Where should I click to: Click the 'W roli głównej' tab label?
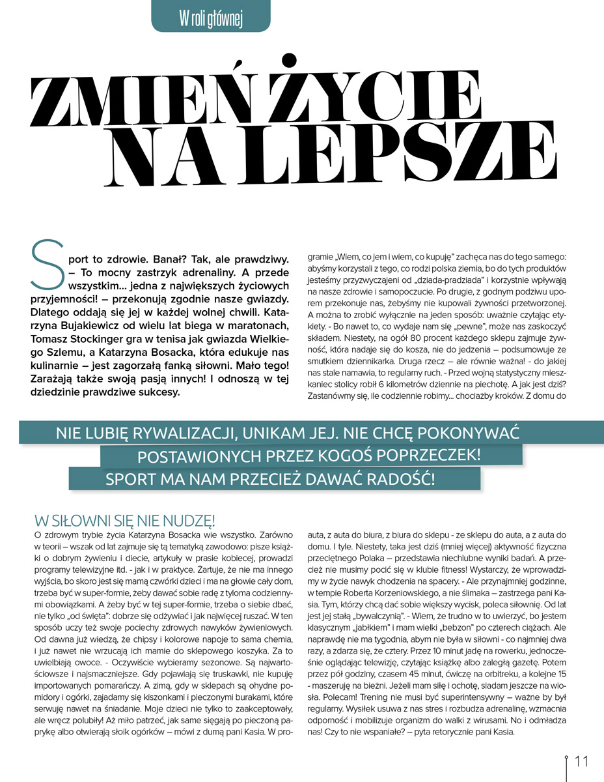pos(210,20)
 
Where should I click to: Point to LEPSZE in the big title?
pos(391,153)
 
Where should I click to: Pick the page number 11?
pos(581,761)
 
